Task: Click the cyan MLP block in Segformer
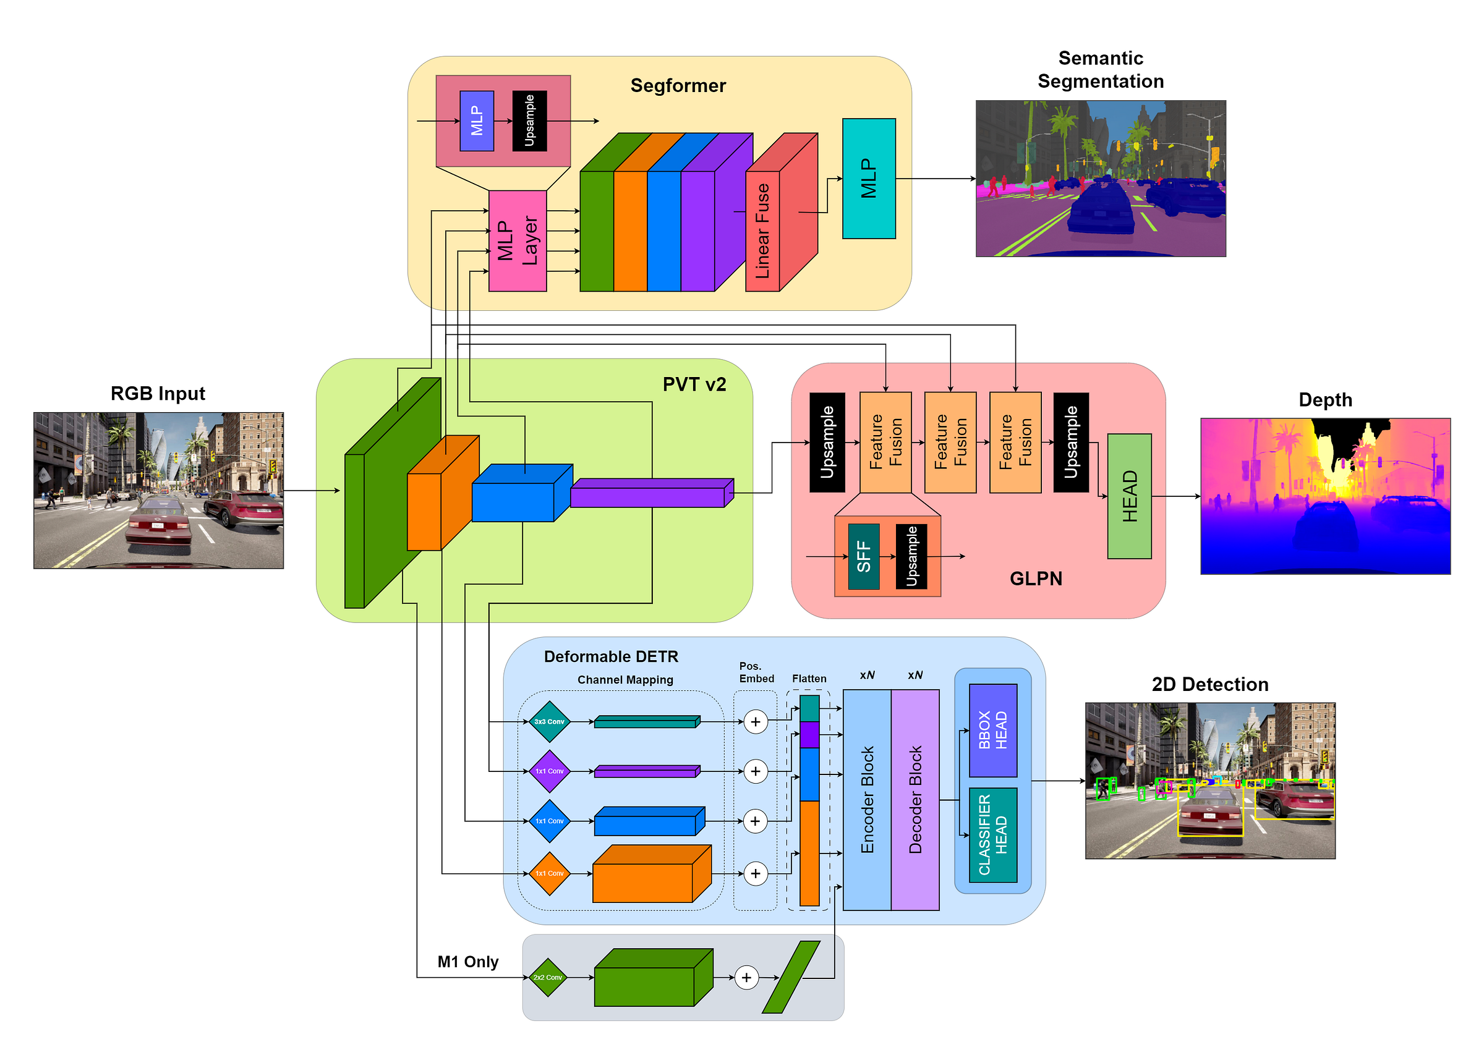click(x=868, y=179)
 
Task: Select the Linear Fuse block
click(x=762, y=231)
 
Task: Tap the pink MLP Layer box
click(x=517, y=241)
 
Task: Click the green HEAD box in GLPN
click(x=1128, y=496)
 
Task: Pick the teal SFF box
click(x=863, y=557)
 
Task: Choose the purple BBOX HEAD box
click(x=992, y=730)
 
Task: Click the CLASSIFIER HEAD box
click(x=992, y=835)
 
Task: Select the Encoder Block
click(x=866, y=800)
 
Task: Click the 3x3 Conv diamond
click(x=549, y=722)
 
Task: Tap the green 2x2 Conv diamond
click(x=548, y=977)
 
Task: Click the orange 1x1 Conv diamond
click(x=549, y=874)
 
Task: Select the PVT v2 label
click(x=694, y=384)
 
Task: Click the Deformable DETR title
click(x=611, y=657)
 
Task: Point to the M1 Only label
click(x=468, y=962)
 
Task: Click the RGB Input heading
click(x=158, y=394)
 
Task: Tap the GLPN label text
click(x=1036, y=579)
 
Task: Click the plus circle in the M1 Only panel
click(x=746, y=977)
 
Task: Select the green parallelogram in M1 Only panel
click(x=791, y=977)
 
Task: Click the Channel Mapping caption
click(x=625, y=679)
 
